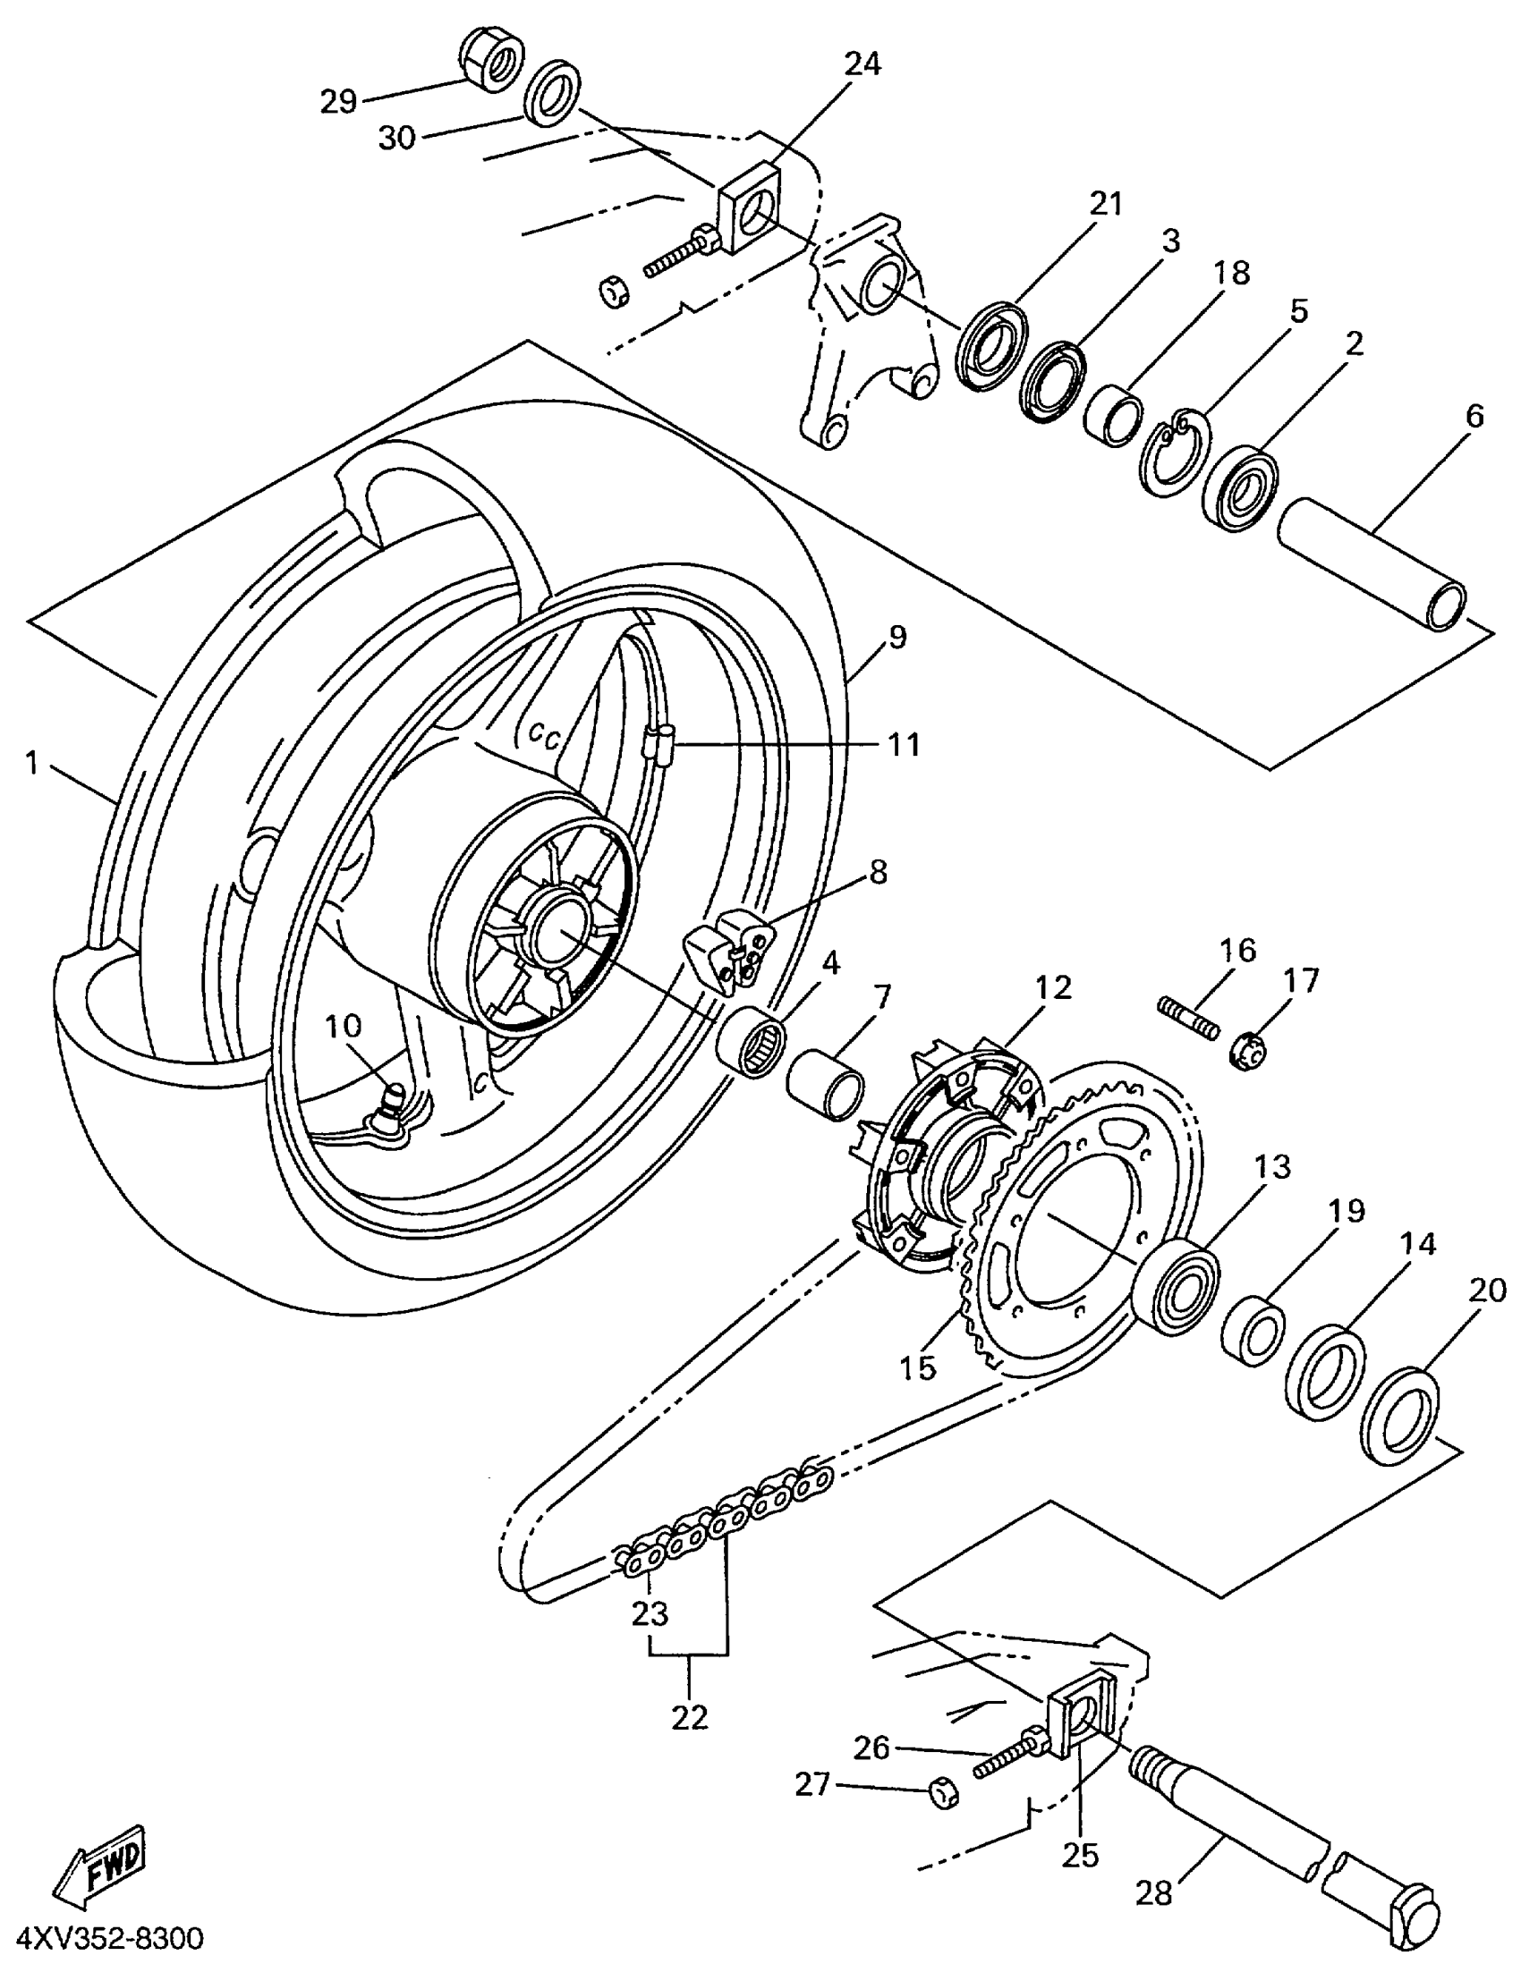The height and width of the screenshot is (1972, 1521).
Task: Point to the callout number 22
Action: [690, 1716]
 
